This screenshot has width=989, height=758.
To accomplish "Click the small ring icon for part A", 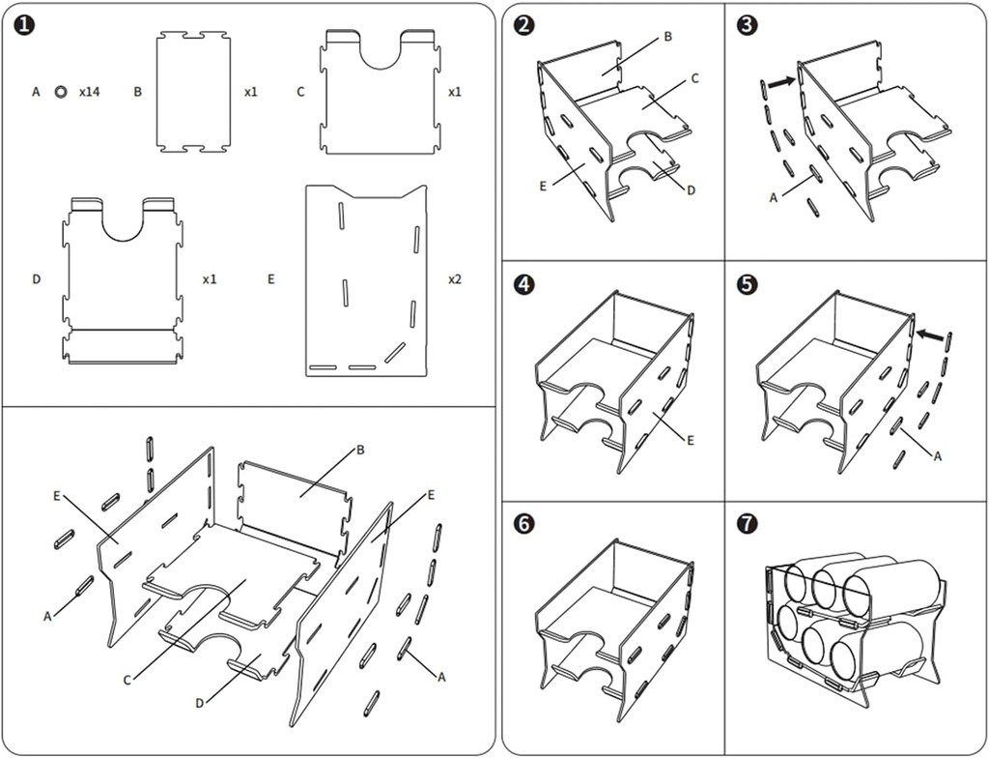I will click(x=61, y=92).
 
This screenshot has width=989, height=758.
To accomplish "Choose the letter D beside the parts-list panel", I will click(x=36, y=279).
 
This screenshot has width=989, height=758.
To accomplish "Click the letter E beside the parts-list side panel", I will click(x=270, y=278).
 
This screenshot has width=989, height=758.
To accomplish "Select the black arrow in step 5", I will click(x=929, y=335).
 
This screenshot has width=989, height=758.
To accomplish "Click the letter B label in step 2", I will click(x=667, y=37).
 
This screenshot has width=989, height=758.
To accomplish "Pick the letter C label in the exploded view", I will click(x=127, y=680).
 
